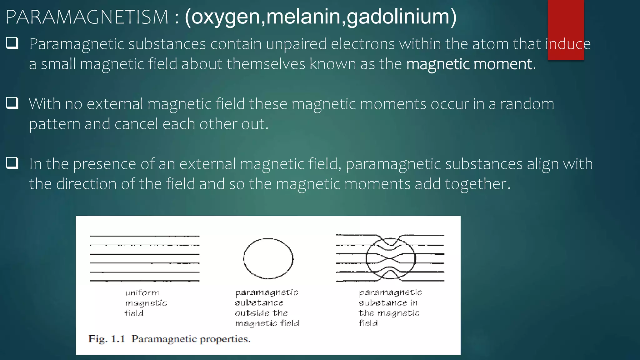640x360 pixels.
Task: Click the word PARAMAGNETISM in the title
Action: (87, 17)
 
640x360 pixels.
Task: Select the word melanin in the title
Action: (303, 17)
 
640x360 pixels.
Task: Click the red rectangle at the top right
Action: (566, 19)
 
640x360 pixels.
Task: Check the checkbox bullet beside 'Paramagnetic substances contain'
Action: (12, 43)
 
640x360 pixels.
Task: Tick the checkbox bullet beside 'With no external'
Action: (12, 103)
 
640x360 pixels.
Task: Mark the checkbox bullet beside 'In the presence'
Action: (12, 163)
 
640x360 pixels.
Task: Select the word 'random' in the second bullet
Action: (527, 104)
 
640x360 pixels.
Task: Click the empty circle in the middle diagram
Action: (268, 258)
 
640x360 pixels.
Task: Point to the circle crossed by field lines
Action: (391, 258)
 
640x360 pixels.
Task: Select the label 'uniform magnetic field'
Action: (146, 303)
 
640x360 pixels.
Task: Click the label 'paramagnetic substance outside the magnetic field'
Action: (267, 308)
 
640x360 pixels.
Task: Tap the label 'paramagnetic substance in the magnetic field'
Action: (390, 308)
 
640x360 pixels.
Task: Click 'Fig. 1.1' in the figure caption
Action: (107, 339)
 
